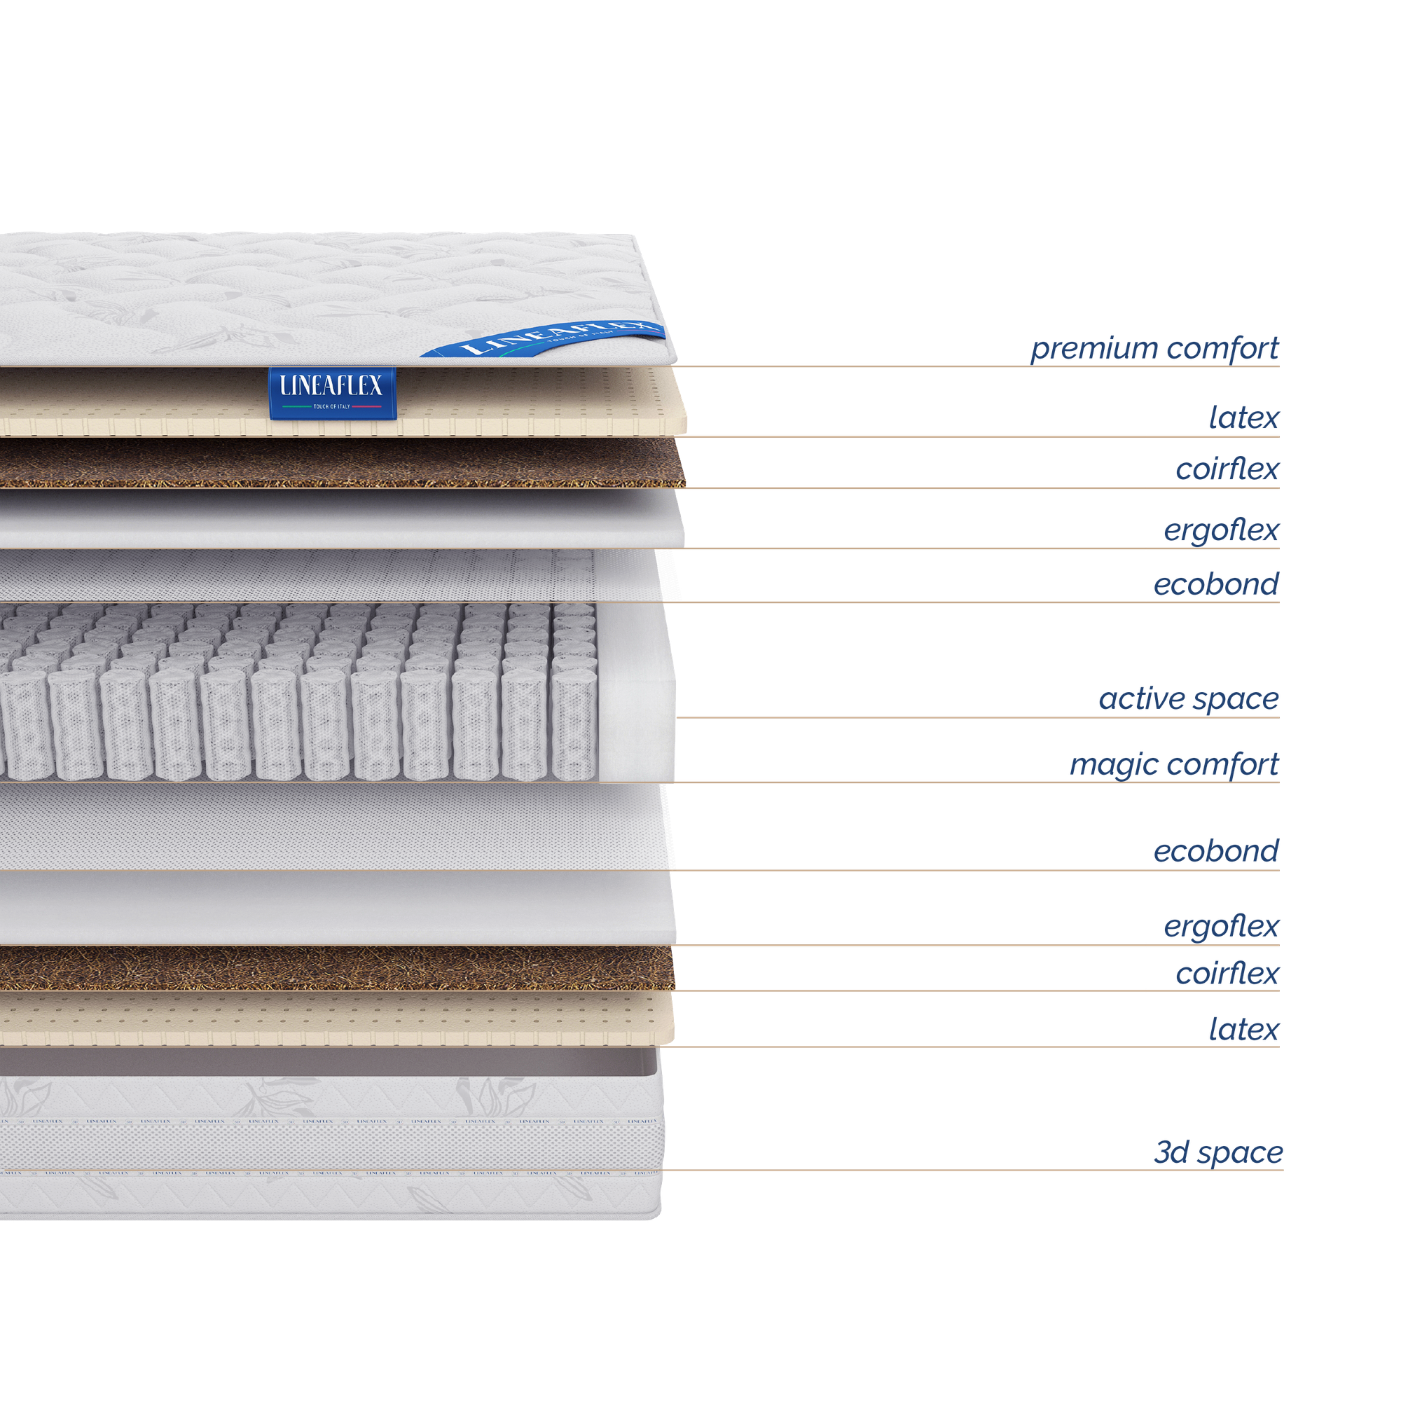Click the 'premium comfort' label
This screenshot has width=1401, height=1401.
pos(1154,349)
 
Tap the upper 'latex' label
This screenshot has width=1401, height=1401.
pos(1243,417)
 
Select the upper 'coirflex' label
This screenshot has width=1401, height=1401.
pos(1227,470)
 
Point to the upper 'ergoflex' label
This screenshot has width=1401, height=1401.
pos(1221,531)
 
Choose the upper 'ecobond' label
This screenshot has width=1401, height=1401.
pos(1216,584)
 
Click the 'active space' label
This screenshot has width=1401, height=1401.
pos(1189,699)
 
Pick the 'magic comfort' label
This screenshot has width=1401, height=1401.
pos(1174,764)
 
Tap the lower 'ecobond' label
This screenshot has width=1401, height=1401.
pos(1216,851)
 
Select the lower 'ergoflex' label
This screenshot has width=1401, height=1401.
pos(1221,927)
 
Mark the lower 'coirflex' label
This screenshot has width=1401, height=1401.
pos(1227,974)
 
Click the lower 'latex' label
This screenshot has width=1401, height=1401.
pos(1243,1029)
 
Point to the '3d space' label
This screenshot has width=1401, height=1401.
pos(1218,1152)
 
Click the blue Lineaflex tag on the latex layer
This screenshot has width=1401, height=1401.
pos(332,392)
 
